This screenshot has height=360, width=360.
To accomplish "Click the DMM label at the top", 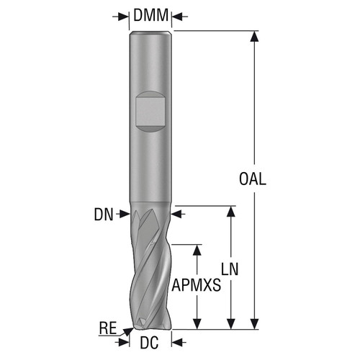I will (151, 14).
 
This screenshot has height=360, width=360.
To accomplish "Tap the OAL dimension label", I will (251, 180).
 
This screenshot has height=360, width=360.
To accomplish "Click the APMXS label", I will (196, 286).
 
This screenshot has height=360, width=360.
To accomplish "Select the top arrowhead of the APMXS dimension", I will (196, 248).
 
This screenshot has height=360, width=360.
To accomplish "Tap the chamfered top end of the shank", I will (151, 33).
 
